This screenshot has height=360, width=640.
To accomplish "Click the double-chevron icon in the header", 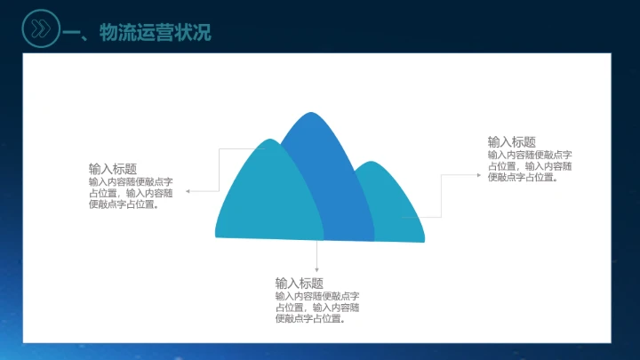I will point(40,28).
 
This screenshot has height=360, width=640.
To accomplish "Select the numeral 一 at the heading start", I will point(75,35).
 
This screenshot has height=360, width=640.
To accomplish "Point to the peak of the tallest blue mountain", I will point(309,115).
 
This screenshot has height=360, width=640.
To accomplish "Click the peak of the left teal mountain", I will point(267,141).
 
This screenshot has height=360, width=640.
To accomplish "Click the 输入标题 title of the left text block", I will point(112,169).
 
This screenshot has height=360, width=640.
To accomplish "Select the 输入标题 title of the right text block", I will point(511,141).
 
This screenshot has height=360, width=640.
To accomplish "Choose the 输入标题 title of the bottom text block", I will point(299,284).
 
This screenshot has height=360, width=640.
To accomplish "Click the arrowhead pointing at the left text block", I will point(188,191).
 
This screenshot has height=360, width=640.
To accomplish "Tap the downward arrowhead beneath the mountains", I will point(316,269).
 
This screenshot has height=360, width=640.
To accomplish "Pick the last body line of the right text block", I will point(523,177).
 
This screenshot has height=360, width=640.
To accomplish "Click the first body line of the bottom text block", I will point(316,296).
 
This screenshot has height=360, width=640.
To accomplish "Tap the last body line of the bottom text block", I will point(310,319).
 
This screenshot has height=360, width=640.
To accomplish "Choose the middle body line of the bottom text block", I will point(316,308).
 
